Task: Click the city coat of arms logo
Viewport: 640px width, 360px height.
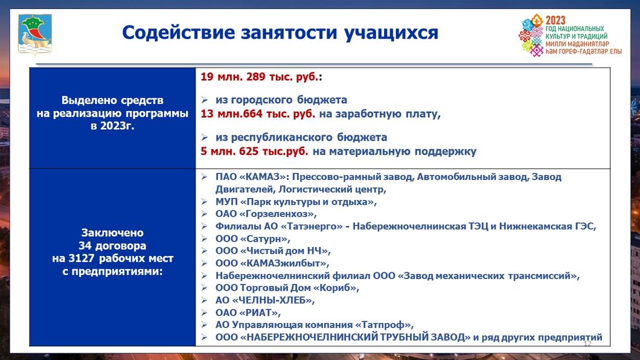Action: click(x=31, y=35)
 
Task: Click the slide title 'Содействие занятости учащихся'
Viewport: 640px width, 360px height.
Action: click(x=280, y=32)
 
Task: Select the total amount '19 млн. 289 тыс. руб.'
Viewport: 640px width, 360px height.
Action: click(x=260, y=77)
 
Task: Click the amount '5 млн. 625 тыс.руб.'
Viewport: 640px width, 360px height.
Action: click(x=254, y=151)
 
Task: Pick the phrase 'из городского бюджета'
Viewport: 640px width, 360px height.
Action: click(x=281, y=100)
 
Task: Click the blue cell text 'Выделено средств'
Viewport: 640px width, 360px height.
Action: click(x=112, y=100)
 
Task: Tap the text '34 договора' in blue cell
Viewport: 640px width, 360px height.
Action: click(x=112, y=246)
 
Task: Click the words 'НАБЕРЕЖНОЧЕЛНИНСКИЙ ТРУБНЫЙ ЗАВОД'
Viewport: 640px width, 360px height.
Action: click(x=356, y=338)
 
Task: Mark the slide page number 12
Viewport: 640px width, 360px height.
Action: click(x=587, y=343)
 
